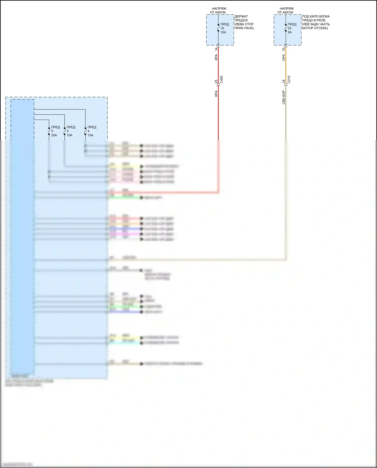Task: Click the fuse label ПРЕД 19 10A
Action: [x=224, y=28]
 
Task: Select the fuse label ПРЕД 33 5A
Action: [x=292, y=28]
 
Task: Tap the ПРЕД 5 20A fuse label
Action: [x=55, y=131]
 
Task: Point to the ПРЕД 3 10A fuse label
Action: [x=71, y=131]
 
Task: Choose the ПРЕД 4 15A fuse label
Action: [x=91, y=131]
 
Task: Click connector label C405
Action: [x=221, y=79]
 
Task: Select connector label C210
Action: [x=289, y=79]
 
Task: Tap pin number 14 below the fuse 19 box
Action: [x=216, y=49]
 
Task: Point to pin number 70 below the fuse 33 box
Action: [x=284, y=49]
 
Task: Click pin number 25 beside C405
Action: [x=216, y=81]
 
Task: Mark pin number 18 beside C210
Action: [x=284, y=81]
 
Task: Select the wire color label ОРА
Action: [x=284, y=58]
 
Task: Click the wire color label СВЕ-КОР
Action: [x=284, y=97]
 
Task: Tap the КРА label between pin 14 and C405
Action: [x=216, y=57]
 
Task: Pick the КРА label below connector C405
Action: [x=216, y=94]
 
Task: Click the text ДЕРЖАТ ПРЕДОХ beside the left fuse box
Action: [x=241, y=18]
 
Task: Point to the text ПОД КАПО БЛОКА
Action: [x=316, y=16]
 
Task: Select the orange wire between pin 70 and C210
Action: [x=286, y=65]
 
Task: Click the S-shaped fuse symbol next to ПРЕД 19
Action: [x=218, y=28]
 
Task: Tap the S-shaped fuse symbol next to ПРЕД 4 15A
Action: [x=85, y=131]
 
